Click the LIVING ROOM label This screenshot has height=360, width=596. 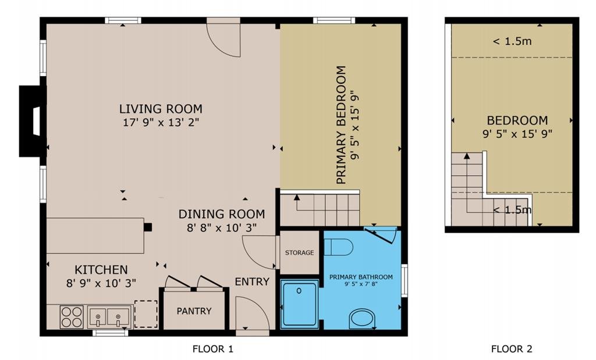161,109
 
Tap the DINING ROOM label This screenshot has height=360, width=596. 222,214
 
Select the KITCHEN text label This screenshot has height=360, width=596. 101,270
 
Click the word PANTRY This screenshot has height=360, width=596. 194,311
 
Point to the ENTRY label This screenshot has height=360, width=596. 252,281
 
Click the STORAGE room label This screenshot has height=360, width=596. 300,252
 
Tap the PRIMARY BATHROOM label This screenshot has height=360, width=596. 361,277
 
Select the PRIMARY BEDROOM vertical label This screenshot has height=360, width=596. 341,125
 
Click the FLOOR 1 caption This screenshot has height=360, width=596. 213,348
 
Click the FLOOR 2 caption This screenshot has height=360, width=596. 512,348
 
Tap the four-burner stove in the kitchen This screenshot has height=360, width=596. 72,317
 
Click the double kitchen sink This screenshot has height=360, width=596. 108,317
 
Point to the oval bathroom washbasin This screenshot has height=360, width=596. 362,318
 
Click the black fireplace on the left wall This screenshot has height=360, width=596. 33,121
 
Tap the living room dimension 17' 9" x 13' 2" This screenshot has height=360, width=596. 161,123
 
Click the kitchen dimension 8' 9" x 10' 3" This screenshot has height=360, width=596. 101,283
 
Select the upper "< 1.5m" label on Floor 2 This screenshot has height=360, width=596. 512,41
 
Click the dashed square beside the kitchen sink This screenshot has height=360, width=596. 146,314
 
